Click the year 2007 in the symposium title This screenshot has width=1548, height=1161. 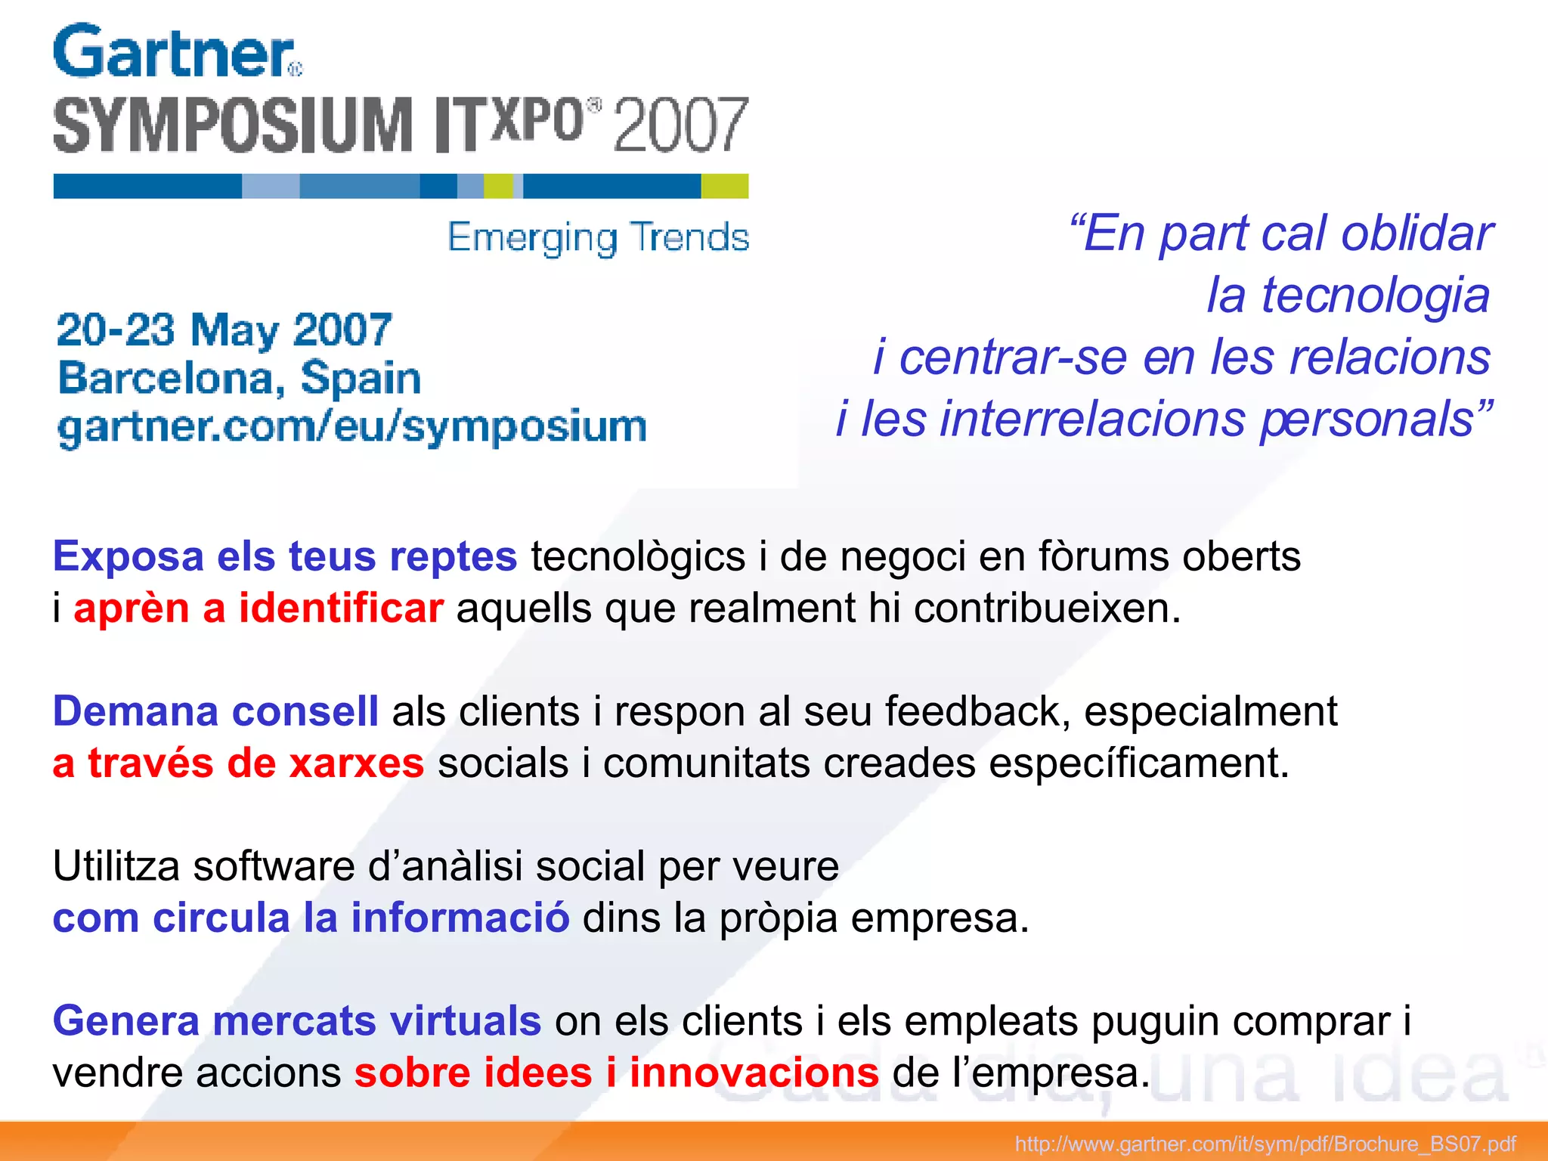680,125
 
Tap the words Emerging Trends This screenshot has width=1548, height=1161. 598,237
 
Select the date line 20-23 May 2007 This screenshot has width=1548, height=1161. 224,330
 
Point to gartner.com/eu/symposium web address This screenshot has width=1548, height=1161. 352,426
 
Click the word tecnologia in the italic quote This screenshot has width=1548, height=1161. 1348,296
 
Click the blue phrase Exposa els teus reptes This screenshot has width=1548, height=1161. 285,557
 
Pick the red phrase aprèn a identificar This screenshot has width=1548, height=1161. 259,608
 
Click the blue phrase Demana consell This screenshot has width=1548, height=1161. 215,712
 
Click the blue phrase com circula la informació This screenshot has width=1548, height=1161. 311,918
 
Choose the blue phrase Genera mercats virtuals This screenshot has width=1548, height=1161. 297,1021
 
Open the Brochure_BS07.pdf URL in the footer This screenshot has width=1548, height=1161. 1265,1144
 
